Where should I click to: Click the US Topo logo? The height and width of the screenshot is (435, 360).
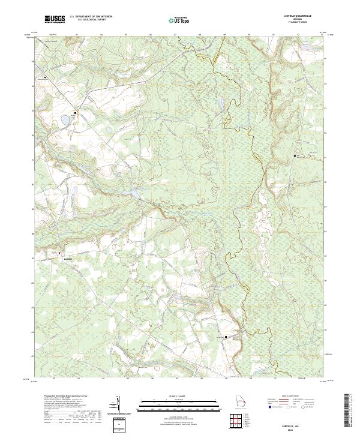[180, 20]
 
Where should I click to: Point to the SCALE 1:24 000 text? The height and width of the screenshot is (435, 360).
[179, 397]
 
